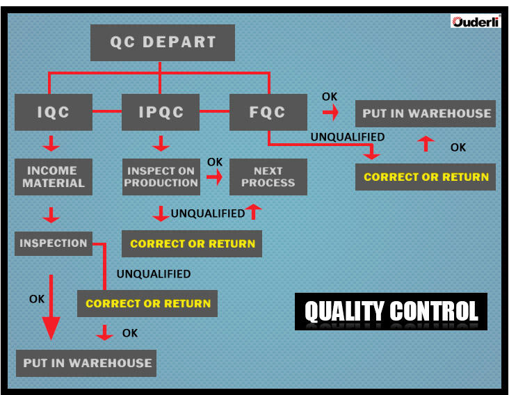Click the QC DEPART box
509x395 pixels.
[x=163, y=42]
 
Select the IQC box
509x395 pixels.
[x=54, y=112]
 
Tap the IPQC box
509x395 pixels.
[x=161, y=112]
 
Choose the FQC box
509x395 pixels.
[x=268, y=112]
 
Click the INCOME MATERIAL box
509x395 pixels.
[x=54, y=177]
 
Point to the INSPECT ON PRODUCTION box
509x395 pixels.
[x=161, y=177]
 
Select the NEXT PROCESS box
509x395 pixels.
[x=268, y=177]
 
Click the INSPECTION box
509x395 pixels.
[x=54, y=243]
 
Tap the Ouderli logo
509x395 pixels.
[x=476, y=21]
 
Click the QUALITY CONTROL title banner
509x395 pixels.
[x=391, y=312]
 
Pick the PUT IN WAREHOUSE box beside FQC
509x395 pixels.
[x=426, y=113]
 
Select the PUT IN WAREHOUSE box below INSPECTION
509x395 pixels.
[x=87, y=363]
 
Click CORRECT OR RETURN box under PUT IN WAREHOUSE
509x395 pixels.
[x=426, y=177]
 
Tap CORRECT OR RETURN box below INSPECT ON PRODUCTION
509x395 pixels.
[x=193, y=244]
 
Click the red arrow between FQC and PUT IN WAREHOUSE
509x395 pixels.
[x=330, y=111]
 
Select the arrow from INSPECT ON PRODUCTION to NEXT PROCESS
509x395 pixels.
[x=215, y=177]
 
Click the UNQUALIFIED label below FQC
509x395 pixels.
[x=347, y=137]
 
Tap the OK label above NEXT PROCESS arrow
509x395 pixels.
[x=215, y=162]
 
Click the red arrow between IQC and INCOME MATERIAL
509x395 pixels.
[x=51, y=145]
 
